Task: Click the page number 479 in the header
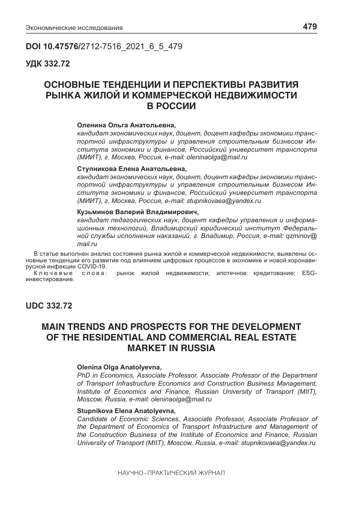click(310, 26)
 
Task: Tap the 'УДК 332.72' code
click(48, 64)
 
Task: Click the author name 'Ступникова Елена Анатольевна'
click(132, 168)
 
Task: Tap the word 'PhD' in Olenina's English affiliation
click(83, 375)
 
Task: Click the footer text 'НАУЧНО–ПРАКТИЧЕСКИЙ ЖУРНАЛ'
click(171, 472)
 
